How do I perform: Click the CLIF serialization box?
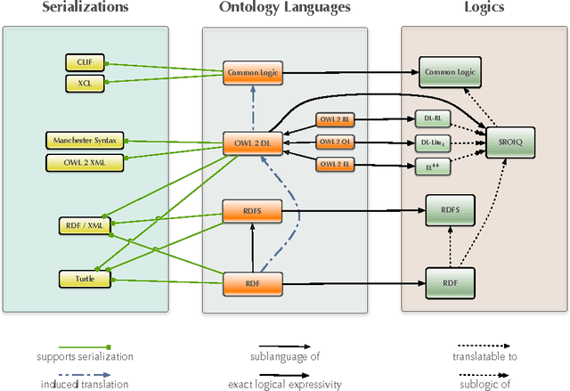click(85, 61)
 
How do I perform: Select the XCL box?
click(85, 83)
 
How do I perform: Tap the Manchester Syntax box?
click(85, 140)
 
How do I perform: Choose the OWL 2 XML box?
click(85, 161)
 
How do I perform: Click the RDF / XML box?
click(85, 225)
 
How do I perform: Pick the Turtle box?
click(85, 279)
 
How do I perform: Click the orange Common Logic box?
click(253, 72)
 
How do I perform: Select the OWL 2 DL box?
click(253, 142)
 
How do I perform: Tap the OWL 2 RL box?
click(335, 119)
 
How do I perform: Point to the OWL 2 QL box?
click(335, 142)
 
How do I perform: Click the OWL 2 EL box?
click(335, 164)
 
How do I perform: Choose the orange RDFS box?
click(253, 210)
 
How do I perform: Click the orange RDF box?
click(253, 283)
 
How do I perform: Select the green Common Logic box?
click(450, 72)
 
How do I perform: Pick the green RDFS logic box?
click(450, 210)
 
